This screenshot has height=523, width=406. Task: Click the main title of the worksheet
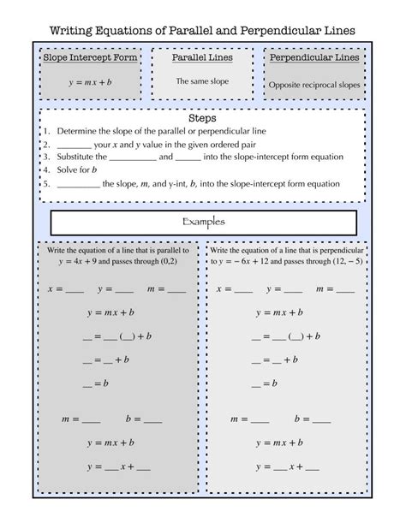[203, 31]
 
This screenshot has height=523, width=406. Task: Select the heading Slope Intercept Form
[89, 58]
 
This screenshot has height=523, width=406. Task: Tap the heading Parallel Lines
[202, 58]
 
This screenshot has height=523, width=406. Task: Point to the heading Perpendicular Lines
[314, 58]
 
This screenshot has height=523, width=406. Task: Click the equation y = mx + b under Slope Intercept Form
[90, 81]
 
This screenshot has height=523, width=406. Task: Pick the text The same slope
[202, 80]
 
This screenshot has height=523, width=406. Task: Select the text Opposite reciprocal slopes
[314, 86]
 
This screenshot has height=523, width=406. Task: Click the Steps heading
[202, 119]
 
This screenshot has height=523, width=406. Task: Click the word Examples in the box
[203, 223]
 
